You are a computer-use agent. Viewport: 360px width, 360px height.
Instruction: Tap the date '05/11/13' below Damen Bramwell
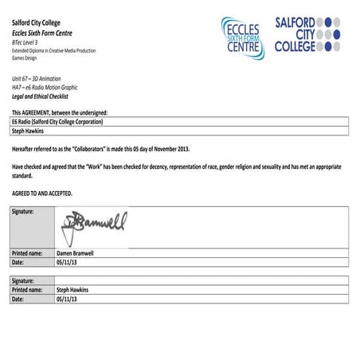point(67,261)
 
